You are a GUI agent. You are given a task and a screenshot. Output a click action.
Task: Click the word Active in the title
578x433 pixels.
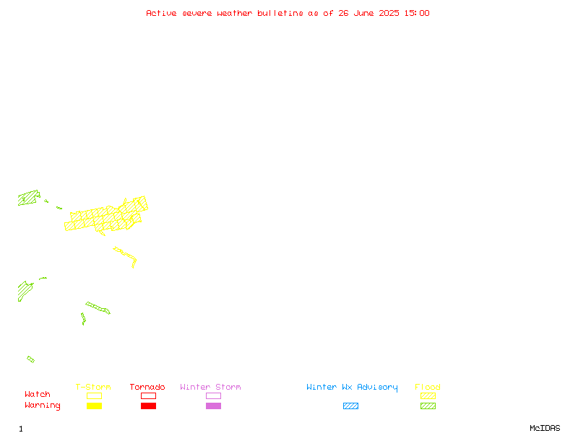click(161, 13)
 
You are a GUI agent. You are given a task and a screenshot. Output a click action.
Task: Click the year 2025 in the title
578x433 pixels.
click(389, 13)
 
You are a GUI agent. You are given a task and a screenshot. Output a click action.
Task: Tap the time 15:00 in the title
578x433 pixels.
click(417, 13)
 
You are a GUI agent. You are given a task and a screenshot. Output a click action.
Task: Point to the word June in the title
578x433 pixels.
click(363, 13)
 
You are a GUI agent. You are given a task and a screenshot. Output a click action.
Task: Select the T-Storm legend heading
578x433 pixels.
click(93, 387)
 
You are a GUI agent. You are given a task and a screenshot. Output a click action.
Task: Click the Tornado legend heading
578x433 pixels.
click(147, 387)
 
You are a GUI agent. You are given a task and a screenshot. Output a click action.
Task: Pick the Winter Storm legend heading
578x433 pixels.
click(210, 387)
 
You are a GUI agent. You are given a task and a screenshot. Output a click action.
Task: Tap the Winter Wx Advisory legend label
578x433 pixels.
click(352, 388)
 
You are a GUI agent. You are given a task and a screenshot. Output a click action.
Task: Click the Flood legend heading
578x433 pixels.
click(427, 387)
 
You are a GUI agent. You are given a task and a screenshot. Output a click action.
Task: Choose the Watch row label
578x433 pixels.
click(38, 394)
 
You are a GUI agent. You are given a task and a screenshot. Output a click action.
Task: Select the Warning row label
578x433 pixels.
click(43, 406)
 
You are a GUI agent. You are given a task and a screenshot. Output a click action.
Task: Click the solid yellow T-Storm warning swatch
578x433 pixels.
click(95, 406)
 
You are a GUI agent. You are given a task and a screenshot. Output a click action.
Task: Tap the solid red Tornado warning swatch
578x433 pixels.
click(149, 406)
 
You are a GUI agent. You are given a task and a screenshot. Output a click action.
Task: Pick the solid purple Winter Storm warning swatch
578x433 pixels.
click(213, 406)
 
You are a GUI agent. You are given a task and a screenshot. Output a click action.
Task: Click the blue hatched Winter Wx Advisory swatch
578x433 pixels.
click(350, 406)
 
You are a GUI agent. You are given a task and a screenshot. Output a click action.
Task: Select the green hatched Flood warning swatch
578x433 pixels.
click(428, 406)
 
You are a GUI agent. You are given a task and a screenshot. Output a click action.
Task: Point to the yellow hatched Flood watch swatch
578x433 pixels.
click(428, 395)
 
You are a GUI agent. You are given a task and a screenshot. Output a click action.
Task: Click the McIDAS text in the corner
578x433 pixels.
click(545, 428)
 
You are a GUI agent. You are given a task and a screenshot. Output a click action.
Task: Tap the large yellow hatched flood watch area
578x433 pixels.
click(107, 217)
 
